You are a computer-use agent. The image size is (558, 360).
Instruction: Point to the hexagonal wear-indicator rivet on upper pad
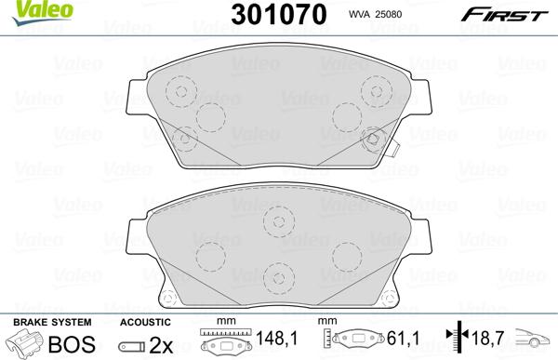[x=374, y=140]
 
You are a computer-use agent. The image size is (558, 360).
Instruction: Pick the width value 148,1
[x=273, y=341]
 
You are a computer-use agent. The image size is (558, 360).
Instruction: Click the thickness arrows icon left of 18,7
[x=452, y=341]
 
